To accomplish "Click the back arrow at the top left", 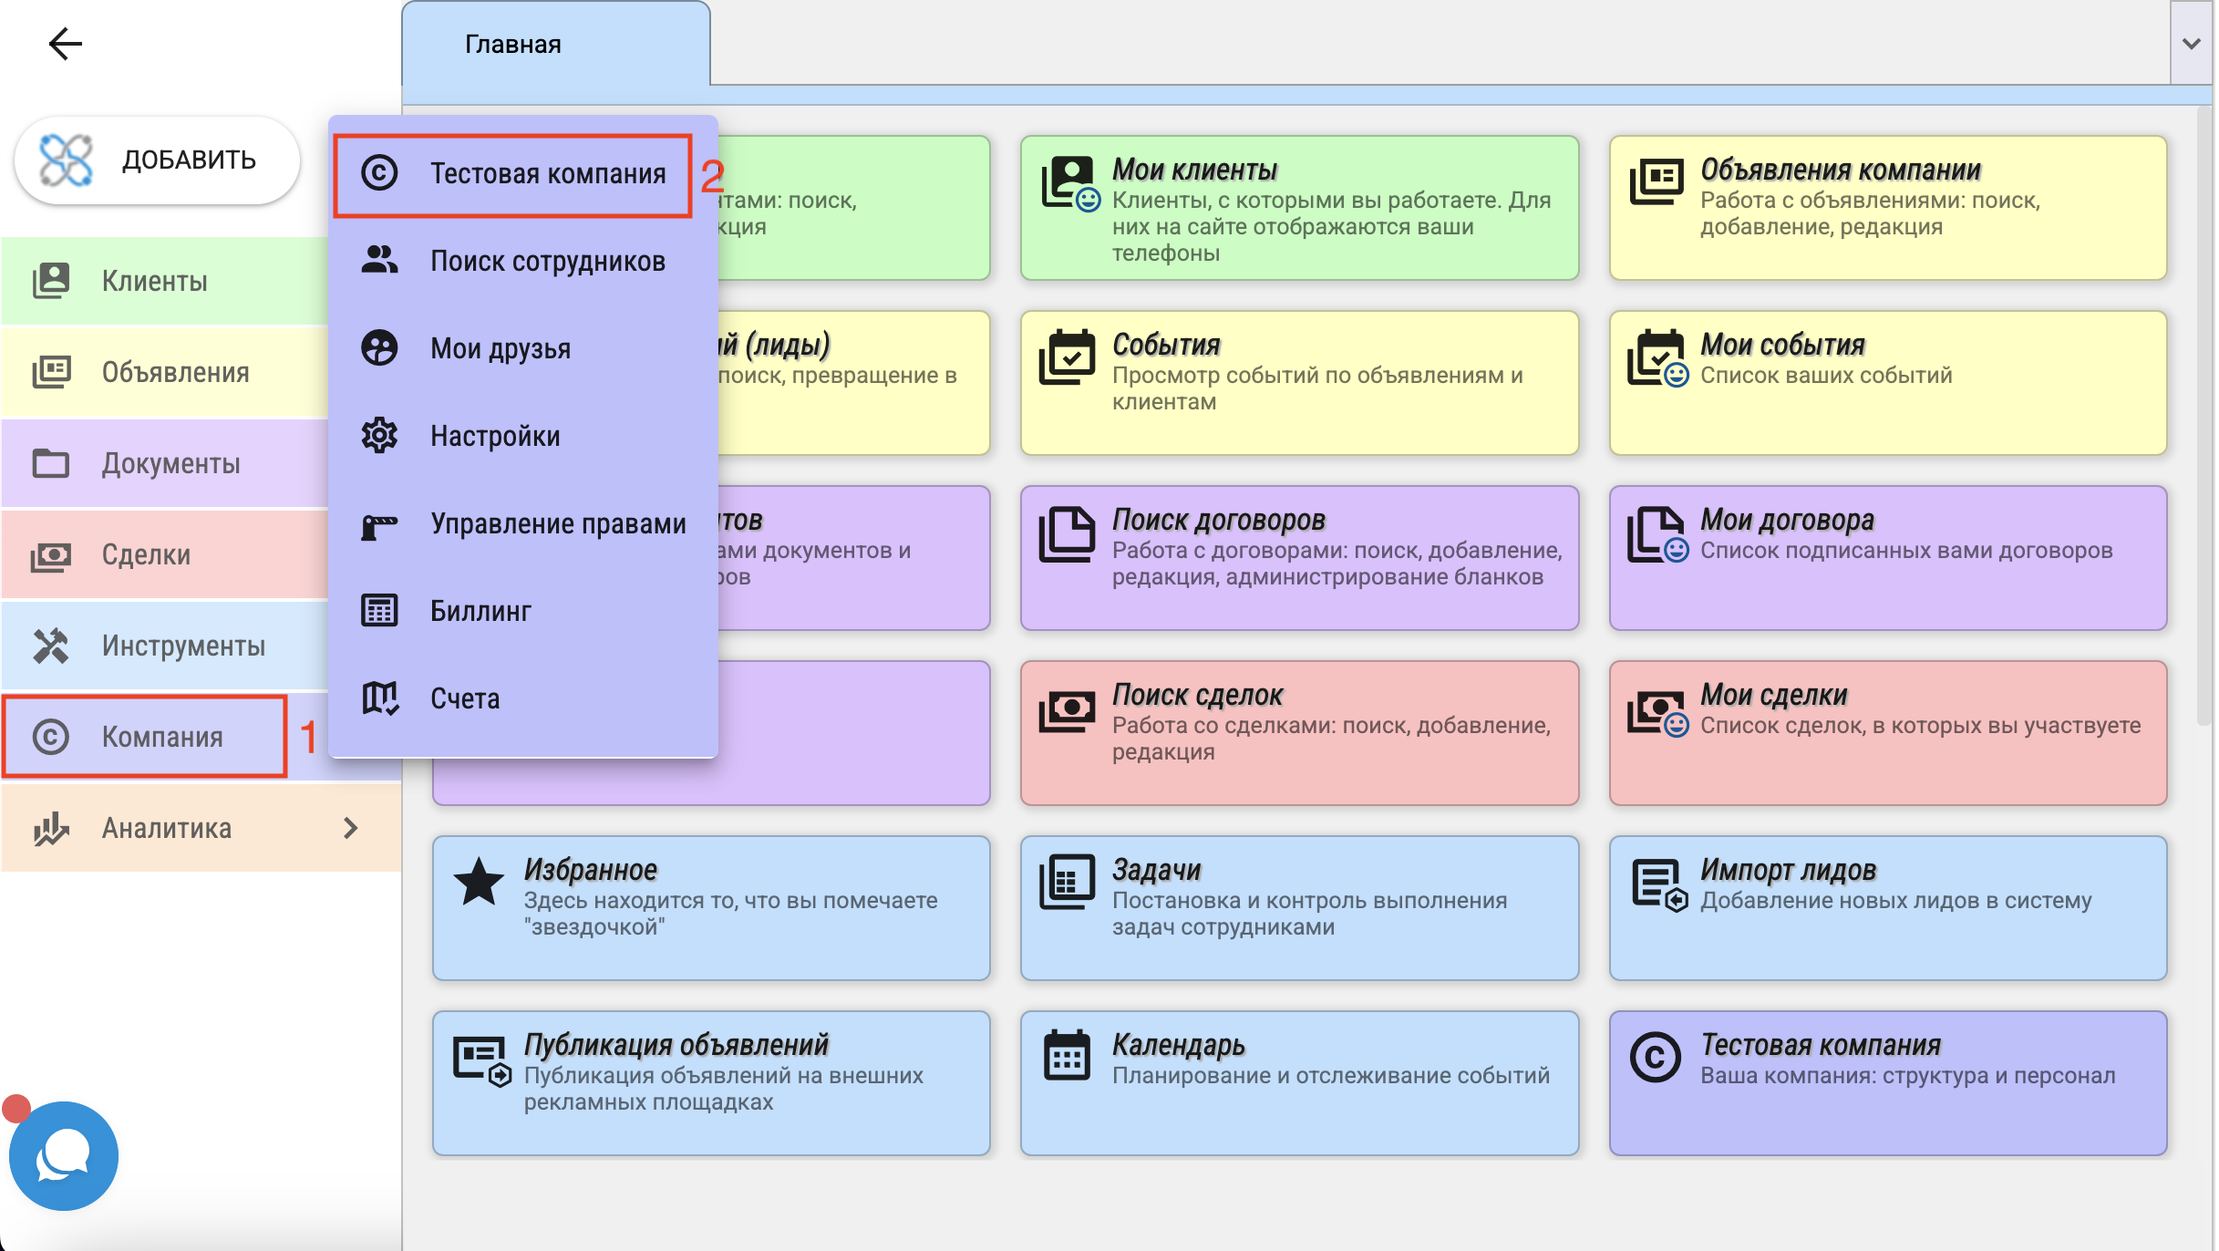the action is coord(65,43).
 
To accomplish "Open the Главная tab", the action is coord(512,44).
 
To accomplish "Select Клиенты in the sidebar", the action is coord(155,281).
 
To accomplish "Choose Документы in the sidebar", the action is coord(171,463).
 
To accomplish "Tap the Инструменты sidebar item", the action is coord(183,646).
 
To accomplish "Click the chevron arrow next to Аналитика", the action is coord(351,828).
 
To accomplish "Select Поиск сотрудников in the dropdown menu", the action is coord(548,261).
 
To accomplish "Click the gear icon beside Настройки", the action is coord(379,436).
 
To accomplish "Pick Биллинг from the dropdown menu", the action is coord(480,611).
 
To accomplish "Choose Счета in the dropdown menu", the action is coord(465,698).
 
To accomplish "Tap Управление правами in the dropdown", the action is coord(558,523).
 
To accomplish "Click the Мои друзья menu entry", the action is coord(501,348).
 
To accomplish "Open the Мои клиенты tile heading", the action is coord(1194,170).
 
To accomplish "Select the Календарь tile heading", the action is coord(1179,1045).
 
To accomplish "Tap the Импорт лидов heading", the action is coord(1788,870).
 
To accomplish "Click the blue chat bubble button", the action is coord(64,1156).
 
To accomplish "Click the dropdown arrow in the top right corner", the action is coord(2192,44).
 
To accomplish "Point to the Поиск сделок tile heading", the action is coord(1197,695).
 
